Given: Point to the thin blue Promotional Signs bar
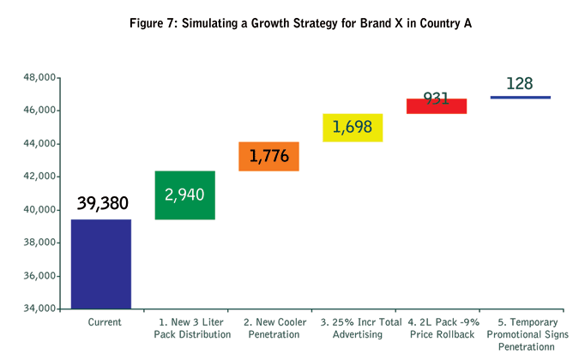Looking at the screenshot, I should point(521,98).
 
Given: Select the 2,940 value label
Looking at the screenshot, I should point(184,195).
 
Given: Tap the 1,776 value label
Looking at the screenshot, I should point(268,156).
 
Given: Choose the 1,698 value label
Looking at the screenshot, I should point(353,128).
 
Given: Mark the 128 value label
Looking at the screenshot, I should point(520,83).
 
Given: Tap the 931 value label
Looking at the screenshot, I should point(437,97).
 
